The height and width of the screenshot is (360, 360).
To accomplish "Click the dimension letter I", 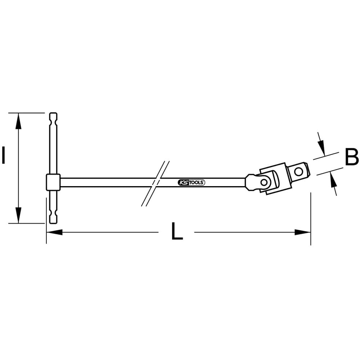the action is click(3, 156).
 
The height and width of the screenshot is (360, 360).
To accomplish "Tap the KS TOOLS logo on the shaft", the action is click(191, 183).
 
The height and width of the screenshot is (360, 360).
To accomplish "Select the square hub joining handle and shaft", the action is click(53, 182).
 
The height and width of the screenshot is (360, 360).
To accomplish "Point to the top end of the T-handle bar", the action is click(53, 113).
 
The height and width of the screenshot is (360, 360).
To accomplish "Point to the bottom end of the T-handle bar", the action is click(53, 223).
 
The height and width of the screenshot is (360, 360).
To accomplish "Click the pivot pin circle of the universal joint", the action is click(264, 182).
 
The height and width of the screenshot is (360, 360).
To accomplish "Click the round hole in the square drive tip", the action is click(298, 171).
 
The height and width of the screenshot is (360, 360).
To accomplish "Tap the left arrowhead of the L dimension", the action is click(54, 232).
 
